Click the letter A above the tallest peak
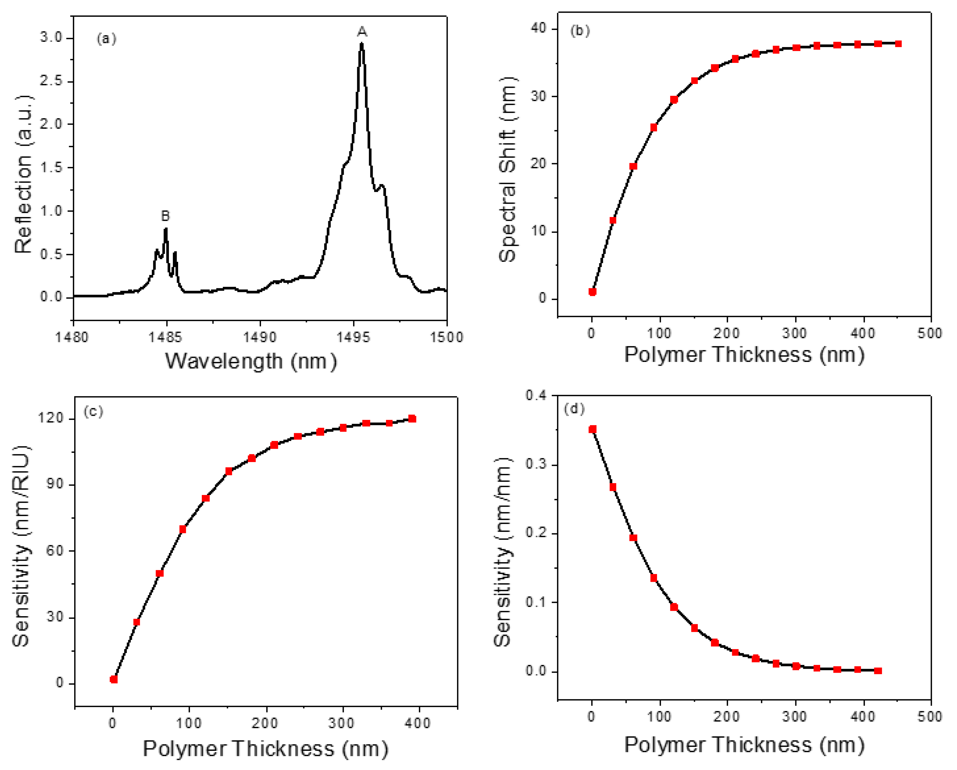coord(362,31)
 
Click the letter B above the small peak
coord(165,216)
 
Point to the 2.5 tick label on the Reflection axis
coord(51,81)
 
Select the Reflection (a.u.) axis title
coord(23,174)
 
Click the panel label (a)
coord(107,39)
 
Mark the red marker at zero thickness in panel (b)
coord(592,291)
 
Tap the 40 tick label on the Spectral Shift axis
coord(538,28)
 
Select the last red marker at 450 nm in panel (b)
coord(898,44)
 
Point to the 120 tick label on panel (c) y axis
coord(51,418)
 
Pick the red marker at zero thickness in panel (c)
coord(114,679)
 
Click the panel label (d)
coord(574,409)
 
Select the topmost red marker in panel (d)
coord(592,429)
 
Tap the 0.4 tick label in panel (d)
coord(536,395)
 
